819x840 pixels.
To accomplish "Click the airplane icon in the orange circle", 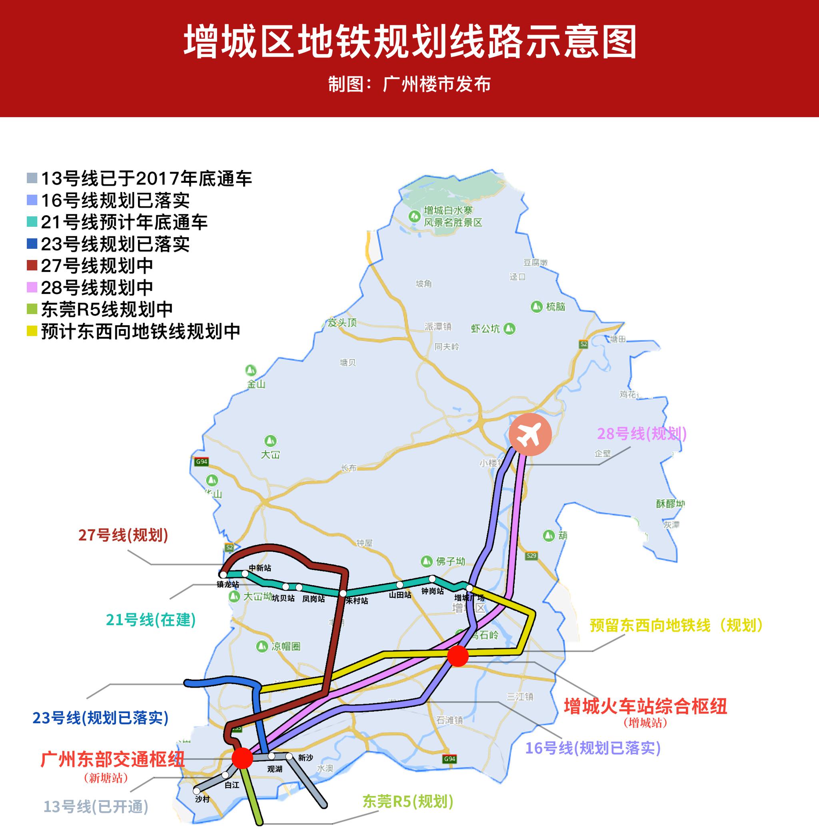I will pyautogui.click(x=529, y=435).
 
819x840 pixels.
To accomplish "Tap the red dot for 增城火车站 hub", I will pyautogui.click(x=457, y=656).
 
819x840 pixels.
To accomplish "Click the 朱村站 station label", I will pyautogui.click(x=357, y=601).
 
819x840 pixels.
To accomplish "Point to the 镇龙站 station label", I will pyautogui.click(x=228, y=584).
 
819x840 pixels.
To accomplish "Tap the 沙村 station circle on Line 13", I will pyautogui.click(x=197, y=791).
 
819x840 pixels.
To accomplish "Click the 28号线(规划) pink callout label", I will pyautogui.click(x=641, y=434).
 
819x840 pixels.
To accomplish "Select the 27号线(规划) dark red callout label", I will pyautogui.click(x=123, y=535).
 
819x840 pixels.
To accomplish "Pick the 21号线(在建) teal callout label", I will pyautogui.click(x=150, y=620).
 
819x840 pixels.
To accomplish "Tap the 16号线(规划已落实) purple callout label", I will pyautogui.click(x=592, y=748).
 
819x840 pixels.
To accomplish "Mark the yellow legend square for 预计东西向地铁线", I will pyautogui.click(x=32, y=331).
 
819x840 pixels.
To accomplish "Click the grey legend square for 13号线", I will pyautogui.click(x=32, y=178).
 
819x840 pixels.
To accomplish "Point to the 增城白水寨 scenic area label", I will pyautogui.click(x=453, y=216).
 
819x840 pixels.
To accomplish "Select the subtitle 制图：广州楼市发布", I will pyautogui.click(x=409, y=84).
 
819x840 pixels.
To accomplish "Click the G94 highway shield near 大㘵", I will pyautogui.click(x=201, y=462).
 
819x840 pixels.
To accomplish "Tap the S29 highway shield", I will pyautogui.click(x=531, y=556).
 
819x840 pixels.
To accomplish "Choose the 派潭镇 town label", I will pyautogui.click(x=438, y=327).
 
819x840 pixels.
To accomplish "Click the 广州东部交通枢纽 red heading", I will pyautogui.click(x=113, y=760).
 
